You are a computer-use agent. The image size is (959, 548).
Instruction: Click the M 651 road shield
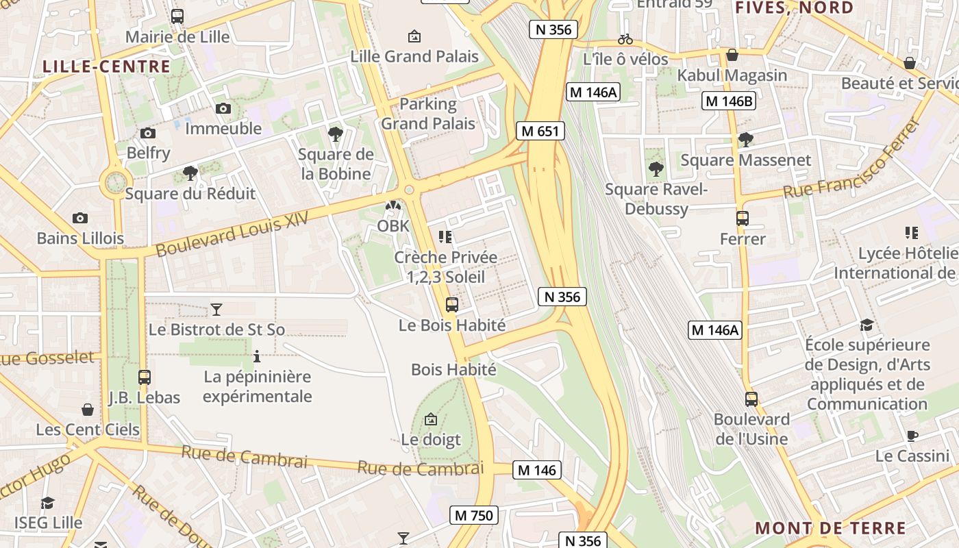click(x=540, y=131)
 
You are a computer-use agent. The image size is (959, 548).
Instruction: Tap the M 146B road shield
click(x=729, y=101)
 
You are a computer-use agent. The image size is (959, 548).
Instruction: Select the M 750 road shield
click(x=473, y=515)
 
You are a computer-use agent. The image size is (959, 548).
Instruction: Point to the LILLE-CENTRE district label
click(x=106, y=66)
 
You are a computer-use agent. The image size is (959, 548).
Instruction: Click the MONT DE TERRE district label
click(x=830, y=528)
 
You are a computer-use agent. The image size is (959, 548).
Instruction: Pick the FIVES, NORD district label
click(x=794, y=8)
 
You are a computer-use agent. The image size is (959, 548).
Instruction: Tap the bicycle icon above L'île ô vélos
click(x=625, y=39)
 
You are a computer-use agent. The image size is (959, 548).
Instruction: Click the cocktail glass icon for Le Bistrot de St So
click(x=216, y=309)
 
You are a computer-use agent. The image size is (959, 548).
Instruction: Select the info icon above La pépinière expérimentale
click(x=257, y=356)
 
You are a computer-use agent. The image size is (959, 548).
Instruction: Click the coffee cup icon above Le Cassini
click(x=912, y=436)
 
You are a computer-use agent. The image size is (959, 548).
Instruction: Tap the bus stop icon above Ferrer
click(x=743, y=219)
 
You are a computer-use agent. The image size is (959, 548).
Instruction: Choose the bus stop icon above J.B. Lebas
click(x=144, y=377)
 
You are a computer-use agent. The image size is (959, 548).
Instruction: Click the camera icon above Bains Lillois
click(x=80, y=219)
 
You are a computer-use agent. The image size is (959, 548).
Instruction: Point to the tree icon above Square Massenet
click(x=745, y=140)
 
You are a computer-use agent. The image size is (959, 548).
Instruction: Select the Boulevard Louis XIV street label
click(x=232, y=234)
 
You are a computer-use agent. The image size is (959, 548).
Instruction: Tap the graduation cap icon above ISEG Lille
click(x=47, y=503)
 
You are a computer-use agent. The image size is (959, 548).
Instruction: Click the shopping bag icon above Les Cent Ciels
click(x=88, y=410)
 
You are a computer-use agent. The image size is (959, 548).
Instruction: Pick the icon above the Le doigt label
click(x=431, y=419)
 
